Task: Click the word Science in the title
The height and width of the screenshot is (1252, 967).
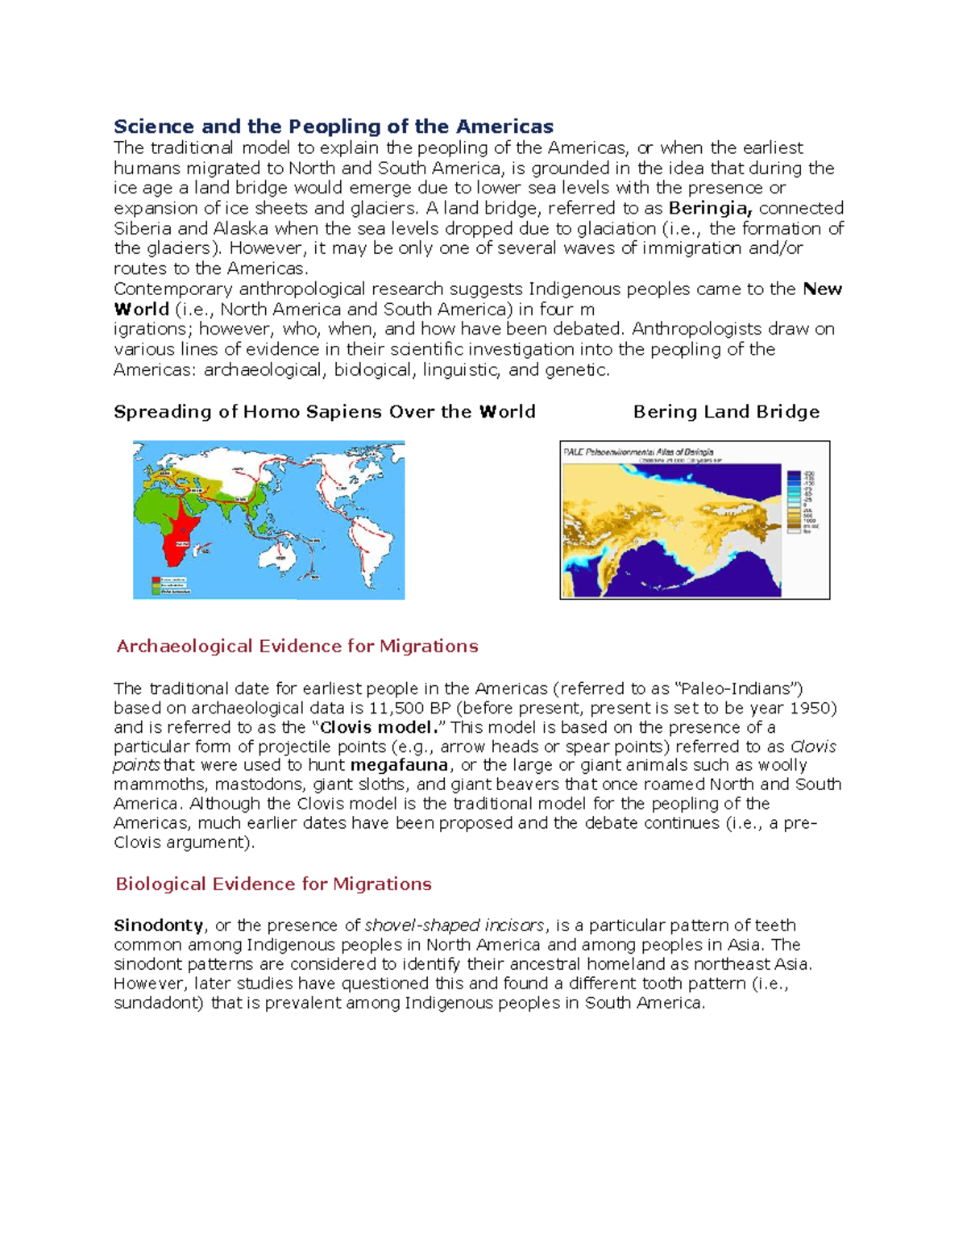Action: [x=153, y=127]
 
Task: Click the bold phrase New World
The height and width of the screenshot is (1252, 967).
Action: [x=822, y=289]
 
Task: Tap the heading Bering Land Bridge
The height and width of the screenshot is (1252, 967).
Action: [x=726, y=412]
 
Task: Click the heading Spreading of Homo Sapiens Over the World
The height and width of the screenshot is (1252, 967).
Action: [x=324, y=412]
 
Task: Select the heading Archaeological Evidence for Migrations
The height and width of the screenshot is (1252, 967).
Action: [x=297, y=647]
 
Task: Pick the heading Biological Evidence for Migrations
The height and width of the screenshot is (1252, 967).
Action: [x=273, y=884]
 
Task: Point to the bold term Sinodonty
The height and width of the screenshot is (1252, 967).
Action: [x=159, y=925]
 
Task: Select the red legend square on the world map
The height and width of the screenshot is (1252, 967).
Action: [x=156, y=580]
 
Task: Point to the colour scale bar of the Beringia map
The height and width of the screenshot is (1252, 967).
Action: [x=793, y=501]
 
